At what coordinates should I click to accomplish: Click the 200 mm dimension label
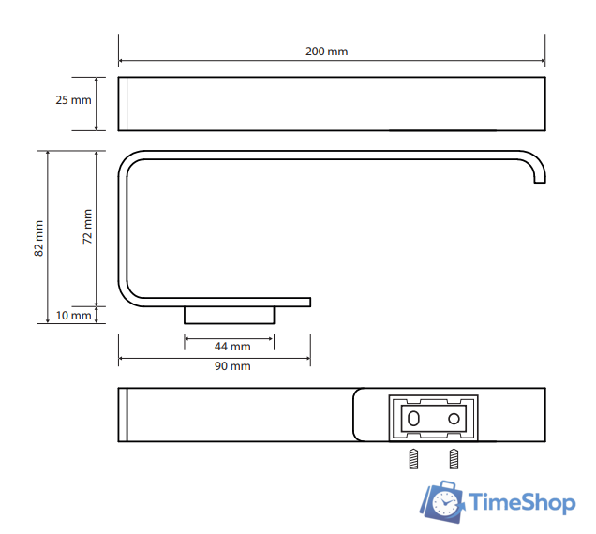click(x=326, y=52)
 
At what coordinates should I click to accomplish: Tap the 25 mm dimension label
click(x=73, y=100)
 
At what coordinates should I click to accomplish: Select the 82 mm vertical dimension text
click(x=38, y=238)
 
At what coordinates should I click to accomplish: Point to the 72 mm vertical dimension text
click(x=87, y=226)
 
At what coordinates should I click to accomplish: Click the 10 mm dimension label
click(x=73, y=316)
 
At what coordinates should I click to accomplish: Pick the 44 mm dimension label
click(x=232, y=347)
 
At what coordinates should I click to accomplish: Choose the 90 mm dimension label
click(x=232, y=366)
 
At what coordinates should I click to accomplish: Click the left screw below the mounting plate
click(x=413, y=459)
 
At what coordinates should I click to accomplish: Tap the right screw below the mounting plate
click(x=454, y=459)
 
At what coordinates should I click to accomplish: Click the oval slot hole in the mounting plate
click(x=413, y=419)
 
